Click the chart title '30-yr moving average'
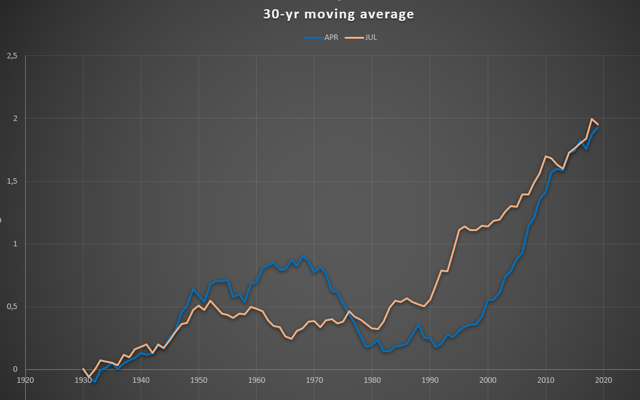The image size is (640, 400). coord(338,14)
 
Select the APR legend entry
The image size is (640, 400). coord(321,37)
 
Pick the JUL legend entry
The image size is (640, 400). coord(361,37)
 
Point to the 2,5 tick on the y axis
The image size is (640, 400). coord(12,56)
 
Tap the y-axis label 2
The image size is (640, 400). coord(15,119)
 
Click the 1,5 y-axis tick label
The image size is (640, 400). coord(12,181)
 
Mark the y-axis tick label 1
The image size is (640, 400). coord(15,244)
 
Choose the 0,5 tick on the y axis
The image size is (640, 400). coord(12,307)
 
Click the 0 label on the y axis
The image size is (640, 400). coord(15,369)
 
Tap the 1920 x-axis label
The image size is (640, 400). coord(25,380)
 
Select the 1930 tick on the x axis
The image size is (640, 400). coord(84,380)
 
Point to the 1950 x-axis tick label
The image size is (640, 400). coord(199,380)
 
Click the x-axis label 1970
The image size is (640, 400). coord(314,380)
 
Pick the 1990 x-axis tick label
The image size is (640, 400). coord(430,380)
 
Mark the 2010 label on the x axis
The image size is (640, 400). coord(545,380)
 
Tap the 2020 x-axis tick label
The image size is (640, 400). coord(604,380)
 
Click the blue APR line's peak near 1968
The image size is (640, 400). coord(303,256)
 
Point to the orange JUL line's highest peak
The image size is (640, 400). coord(592,119)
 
